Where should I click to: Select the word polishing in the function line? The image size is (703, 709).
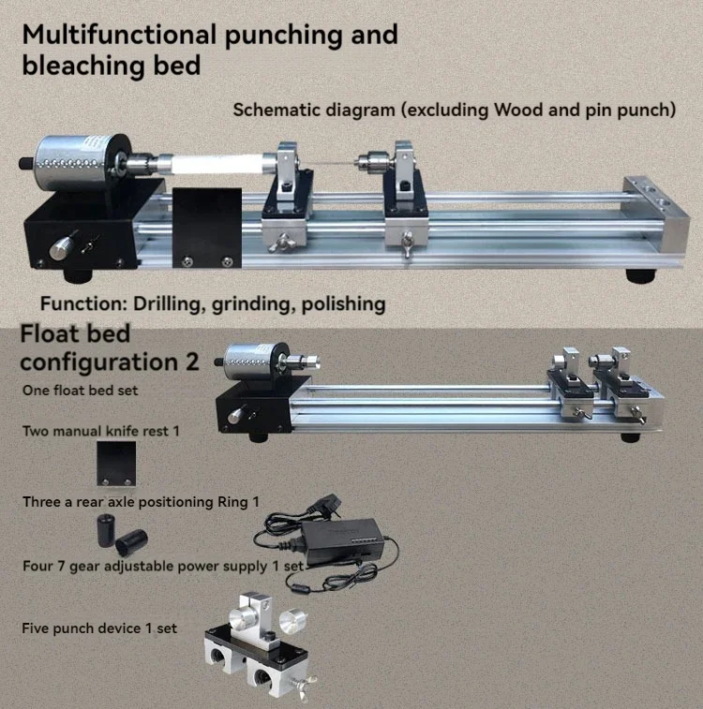(x=341, y=304)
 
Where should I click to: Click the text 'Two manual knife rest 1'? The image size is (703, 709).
(x=100, y=432)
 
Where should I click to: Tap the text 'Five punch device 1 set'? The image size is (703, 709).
(x=99, y=628)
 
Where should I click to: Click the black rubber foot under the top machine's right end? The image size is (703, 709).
(x=642, y=276)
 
